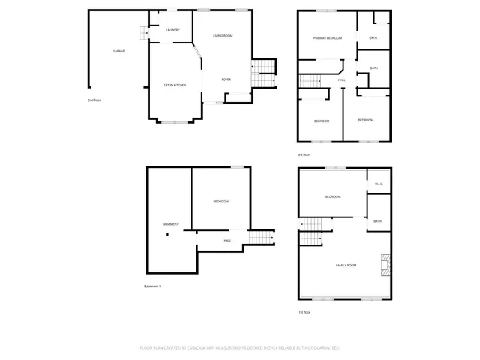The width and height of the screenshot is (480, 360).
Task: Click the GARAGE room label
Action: click(x=118, y=51)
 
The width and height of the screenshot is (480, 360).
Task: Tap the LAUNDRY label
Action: click(x=172, y=30)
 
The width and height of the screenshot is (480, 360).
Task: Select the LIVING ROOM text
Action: click(x=223, y=36)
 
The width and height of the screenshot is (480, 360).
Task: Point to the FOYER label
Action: click(x=226, y=79)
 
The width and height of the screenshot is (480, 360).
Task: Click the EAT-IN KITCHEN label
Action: click(x=175, y=85)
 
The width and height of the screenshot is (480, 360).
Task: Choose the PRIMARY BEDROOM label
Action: click(x=328, y=37)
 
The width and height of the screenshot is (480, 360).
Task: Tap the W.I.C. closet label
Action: click(x=379, y=184)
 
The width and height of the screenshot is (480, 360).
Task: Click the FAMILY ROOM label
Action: click(x=346, y=265)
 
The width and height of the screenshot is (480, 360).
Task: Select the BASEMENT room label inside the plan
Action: click(x=171, y=224)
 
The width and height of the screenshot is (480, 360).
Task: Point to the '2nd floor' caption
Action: click(x=94, y=100)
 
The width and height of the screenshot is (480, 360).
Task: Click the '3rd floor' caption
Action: click(x=304, y=155)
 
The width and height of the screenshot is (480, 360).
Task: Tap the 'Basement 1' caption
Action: click(x=152, y=286)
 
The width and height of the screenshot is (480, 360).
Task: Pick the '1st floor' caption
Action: click(x=304, y=312)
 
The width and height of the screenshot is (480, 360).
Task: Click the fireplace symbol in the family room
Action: click(x=385, y=264)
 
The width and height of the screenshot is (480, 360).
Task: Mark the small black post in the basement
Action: click(x=168, y=234)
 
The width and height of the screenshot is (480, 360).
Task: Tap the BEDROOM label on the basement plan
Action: click(x=220, y=202)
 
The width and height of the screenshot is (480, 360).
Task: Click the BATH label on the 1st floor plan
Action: click(x=378, y=221)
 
